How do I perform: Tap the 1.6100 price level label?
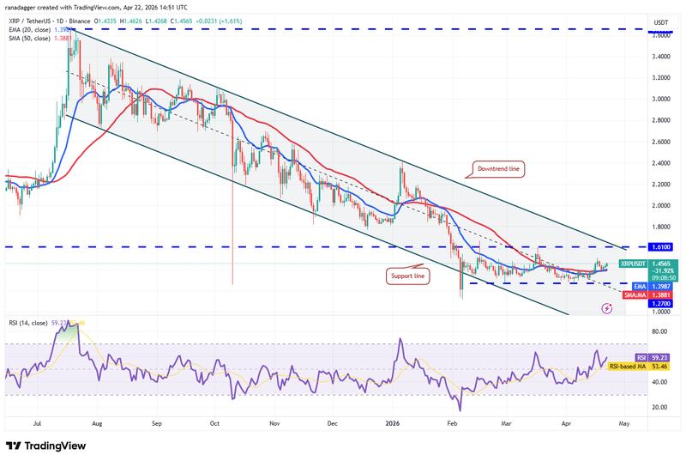click(x=662, y=246)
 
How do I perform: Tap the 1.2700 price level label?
click(x=662, y=303)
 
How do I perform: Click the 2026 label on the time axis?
click(x=393, y=423)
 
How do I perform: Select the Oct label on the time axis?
click(x=214, y=423)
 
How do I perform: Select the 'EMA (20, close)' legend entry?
click(x=34, y=30)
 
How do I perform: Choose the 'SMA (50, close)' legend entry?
click(x=34, y=39)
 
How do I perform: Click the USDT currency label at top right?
click(x=660, y=21)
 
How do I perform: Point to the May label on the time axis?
click(x=623, y=423)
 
